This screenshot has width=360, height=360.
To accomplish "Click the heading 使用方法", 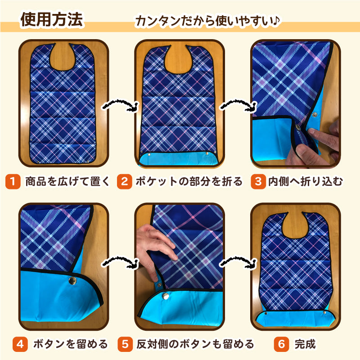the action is (x=51, y=19).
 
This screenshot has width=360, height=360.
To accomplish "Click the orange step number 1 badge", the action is (x=13, y=182).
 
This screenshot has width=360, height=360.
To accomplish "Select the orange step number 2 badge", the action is (x=125, y=182).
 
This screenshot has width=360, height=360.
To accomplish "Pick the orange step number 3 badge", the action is (x=258, y=182).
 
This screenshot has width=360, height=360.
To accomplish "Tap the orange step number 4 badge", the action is (x=20, y=344).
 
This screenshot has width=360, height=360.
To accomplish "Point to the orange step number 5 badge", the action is (x=125, y=344).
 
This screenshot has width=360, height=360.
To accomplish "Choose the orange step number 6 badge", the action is (x=282, y=344).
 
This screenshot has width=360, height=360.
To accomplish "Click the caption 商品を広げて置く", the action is (x=67, y=181).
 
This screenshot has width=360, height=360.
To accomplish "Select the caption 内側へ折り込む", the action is (x=306, y=181).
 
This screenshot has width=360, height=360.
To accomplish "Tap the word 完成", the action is (x=305, y=344).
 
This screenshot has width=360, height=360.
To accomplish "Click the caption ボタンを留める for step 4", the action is (x=70, y=344).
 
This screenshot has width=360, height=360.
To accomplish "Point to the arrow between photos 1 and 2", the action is (x=121, y=106).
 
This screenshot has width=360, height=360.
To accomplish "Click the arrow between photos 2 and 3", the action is (x=238, y=106).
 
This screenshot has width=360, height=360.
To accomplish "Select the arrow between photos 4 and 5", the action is (x=121, y=262).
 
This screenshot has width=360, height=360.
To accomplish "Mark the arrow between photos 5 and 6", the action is (x=238, y=262).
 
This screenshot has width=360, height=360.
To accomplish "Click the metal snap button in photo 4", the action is (x=72, y=280).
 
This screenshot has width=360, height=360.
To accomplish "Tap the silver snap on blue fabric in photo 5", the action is (x=165, y=296).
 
